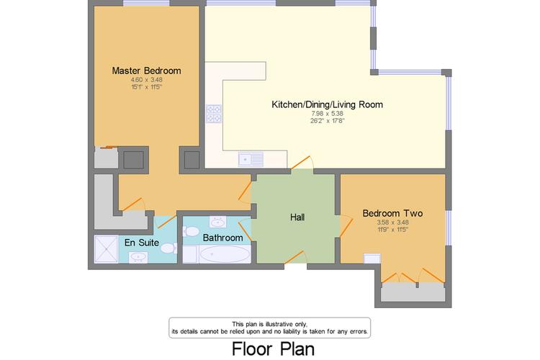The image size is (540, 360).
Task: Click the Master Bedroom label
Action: (x=146, y=71)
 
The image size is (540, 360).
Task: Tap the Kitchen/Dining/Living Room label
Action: (x=327, y=104)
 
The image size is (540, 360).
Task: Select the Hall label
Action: (x=297, y=217)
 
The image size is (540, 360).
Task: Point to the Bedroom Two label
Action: (x=392, y=213)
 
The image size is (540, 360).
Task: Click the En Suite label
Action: (x=142, y=243)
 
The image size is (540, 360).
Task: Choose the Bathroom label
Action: (x=222, y=238)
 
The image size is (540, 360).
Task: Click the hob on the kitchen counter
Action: (x=214, y=114)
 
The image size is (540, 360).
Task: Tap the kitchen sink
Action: (x=251, y=159)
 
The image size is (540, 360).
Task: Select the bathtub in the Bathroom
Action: (x=225, y=254)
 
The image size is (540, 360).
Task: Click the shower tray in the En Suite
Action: (x=106, y=248)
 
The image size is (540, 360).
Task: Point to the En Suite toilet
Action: (x=168, y=248)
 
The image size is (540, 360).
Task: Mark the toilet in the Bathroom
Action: (x=191, y=231)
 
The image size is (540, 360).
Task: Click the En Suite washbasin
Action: (x=138, y=257)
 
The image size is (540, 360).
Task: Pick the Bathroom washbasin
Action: (x=217, y=222)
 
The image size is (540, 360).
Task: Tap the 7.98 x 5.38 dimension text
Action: (x=327, y=113)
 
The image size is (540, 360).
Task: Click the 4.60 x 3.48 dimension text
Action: (x=146, y=80)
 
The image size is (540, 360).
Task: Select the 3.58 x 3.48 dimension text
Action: (x=392, y=222)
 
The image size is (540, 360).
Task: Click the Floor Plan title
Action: (x=273, y=348)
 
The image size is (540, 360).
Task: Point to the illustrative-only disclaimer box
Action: (x=270, y=328)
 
